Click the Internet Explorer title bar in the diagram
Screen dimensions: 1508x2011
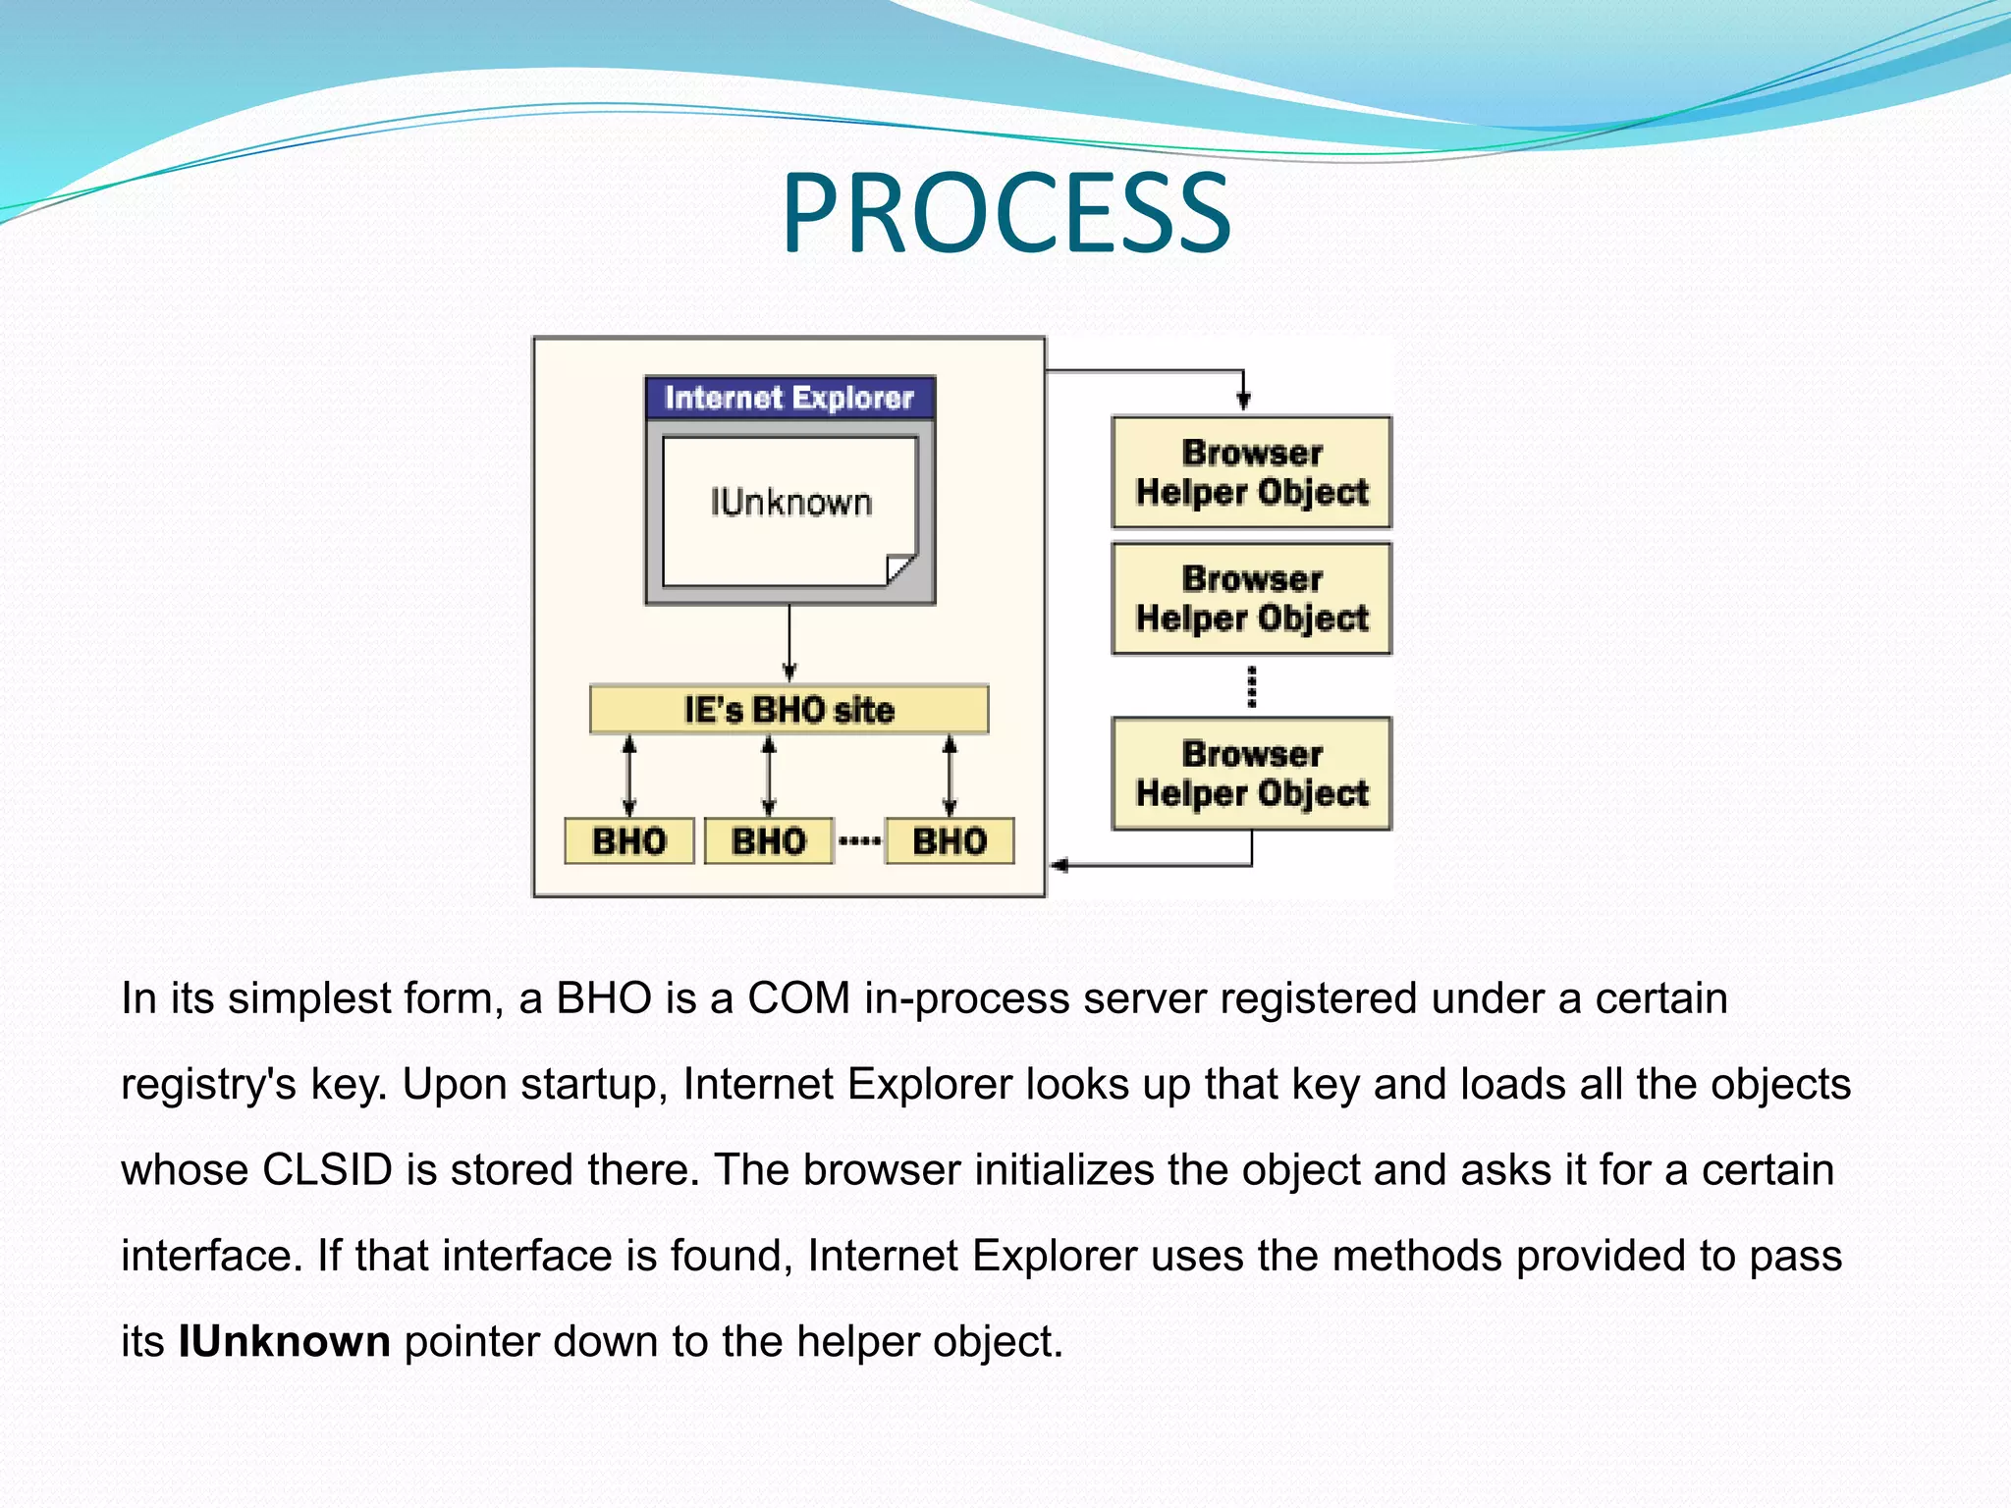pos(789,398)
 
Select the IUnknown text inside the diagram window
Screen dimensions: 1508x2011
pos(790,503)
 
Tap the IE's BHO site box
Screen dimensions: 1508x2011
pos(788,709)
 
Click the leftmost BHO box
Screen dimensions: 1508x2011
pos(629,841)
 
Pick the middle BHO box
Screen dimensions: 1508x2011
pos(769,841)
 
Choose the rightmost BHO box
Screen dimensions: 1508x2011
pos(950,841)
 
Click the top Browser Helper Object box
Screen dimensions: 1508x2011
pos(1251,472)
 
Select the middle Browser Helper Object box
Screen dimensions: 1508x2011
pos(1251,599)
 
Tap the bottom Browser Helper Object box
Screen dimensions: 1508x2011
pos(1251,774)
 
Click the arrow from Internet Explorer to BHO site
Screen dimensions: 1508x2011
pos(789,643)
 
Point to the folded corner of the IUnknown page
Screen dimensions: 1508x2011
pos(901,569)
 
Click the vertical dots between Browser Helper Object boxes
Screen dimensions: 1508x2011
pos(1251,686)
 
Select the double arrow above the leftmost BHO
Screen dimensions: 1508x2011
pos(629,776)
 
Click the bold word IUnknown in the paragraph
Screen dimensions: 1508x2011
pos(284,1341)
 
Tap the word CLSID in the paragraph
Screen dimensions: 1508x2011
pos(327,1170)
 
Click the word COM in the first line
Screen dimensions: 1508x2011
pos(798,998)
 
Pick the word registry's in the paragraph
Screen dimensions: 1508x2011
pos(208,1085)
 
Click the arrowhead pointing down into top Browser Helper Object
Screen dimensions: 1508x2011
pos(1243,401)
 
